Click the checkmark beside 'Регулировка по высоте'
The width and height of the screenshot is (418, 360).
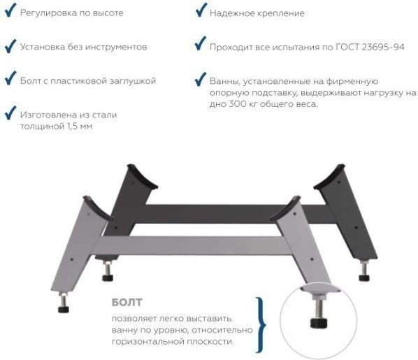10,10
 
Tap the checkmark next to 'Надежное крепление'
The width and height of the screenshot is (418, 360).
201,10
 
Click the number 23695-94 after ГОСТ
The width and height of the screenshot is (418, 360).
383,47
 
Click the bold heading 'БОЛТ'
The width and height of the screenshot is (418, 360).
127,303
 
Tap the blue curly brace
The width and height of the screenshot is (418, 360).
261,325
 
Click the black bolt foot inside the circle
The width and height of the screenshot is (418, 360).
319,323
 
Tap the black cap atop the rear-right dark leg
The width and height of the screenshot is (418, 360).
329,178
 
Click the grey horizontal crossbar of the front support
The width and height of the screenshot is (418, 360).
193,245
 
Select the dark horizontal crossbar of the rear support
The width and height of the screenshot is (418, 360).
235,214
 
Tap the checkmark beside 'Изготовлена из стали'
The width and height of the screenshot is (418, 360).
10,113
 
